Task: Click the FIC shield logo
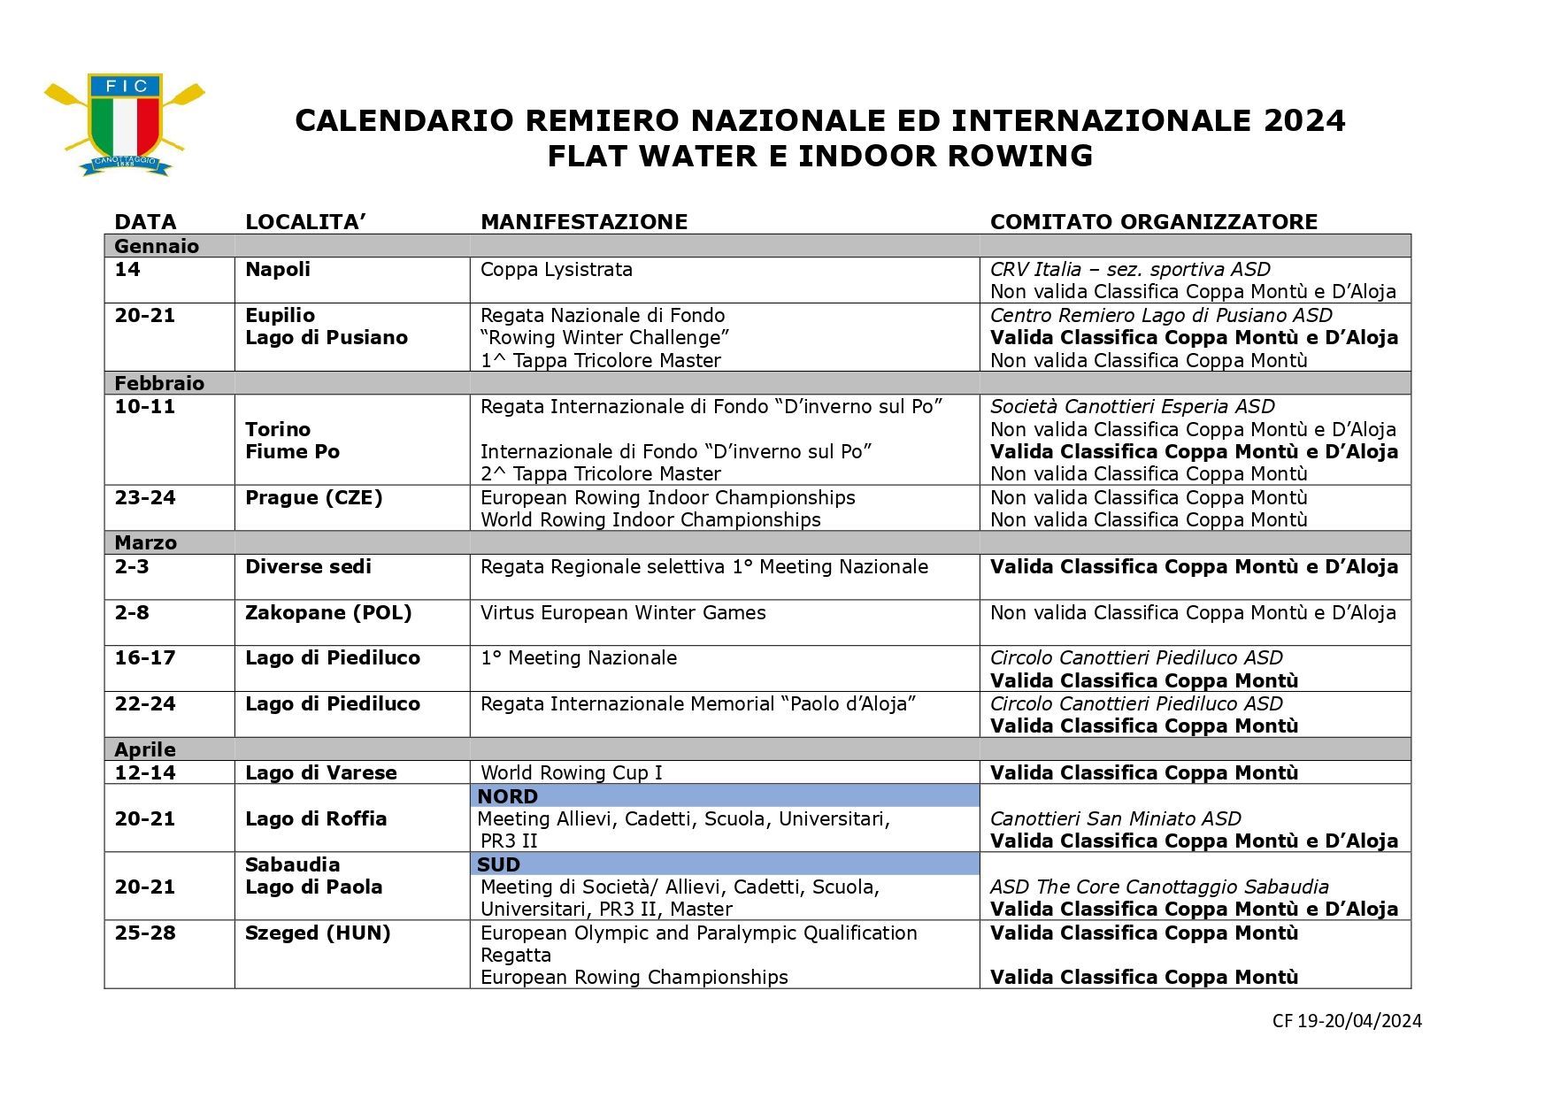(125, 123)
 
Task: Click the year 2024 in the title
(1304, 120)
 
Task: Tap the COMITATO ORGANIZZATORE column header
(1153, 222)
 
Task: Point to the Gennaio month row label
(157, 246)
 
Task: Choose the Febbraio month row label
(159, 383)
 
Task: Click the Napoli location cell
(278, 270)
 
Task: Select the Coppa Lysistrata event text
(556, 270)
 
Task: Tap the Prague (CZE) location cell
(313, 497)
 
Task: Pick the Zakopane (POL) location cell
(328, 612)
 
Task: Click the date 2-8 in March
(132, 612)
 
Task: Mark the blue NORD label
(507, 796)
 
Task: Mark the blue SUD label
(498, 864)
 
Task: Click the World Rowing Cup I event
(571, 772)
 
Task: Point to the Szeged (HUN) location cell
(318, 933)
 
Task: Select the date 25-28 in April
(145, 933)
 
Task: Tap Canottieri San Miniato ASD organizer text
(1115, 818)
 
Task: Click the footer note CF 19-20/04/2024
(1346, 1021)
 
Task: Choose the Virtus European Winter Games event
(622, 612)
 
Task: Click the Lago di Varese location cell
(320, 772)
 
